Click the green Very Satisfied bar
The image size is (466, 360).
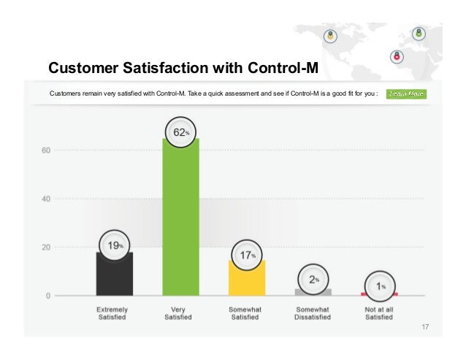(180, 219)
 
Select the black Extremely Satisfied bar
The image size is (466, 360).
(115, 275)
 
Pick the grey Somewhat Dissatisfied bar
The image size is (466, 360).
(313, 291)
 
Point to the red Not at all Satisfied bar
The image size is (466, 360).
(379, 294)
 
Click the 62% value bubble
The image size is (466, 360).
(180, 132)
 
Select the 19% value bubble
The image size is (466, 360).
(115, 245)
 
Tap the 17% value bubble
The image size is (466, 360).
(247, 255)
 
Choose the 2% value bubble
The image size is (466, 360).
(313, 279)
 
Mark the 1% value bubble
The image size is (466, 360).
(379, 286)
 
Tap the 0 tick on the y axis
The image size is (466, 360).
(47, 296)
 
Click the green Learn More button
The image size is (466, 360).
(406, 93)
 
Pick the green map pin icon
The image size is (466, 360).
(419, 33)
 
